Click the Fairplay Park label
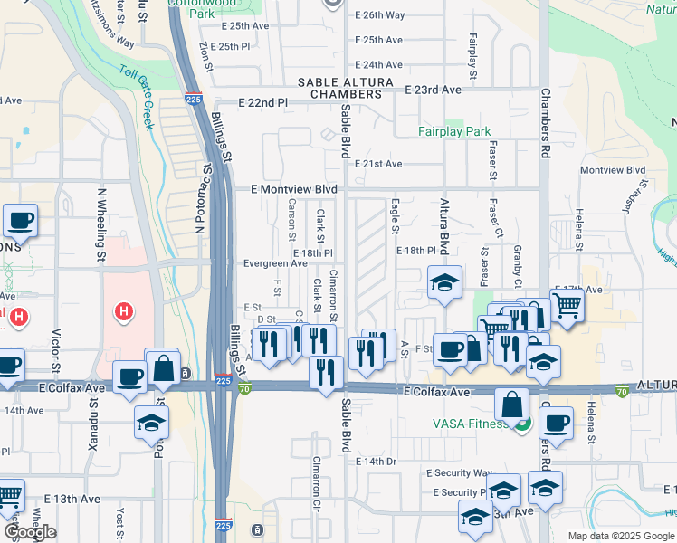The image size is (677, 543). point(454,131)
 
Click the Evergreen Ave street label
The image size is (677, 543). point(275,263)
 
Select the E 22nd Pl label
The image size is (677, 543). point(262,103)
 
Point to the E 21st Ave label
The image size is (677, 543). point(378,164)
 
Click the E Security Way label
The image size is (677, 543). point(460,473)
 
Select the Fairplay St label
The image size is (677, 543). point(472,55)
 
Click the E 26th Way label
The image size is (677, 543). point(380,15)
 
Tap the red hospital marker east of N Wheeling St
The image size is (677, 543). point(125,313)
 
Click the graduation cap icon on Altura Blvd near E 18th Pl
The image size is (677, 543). point(445,283)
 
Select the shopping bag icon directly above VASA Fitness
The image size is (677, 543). point(512,405)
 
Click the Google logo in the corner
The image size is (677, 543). point(30,532)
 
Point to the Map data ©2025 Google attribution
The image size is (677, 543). point(620,536)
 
